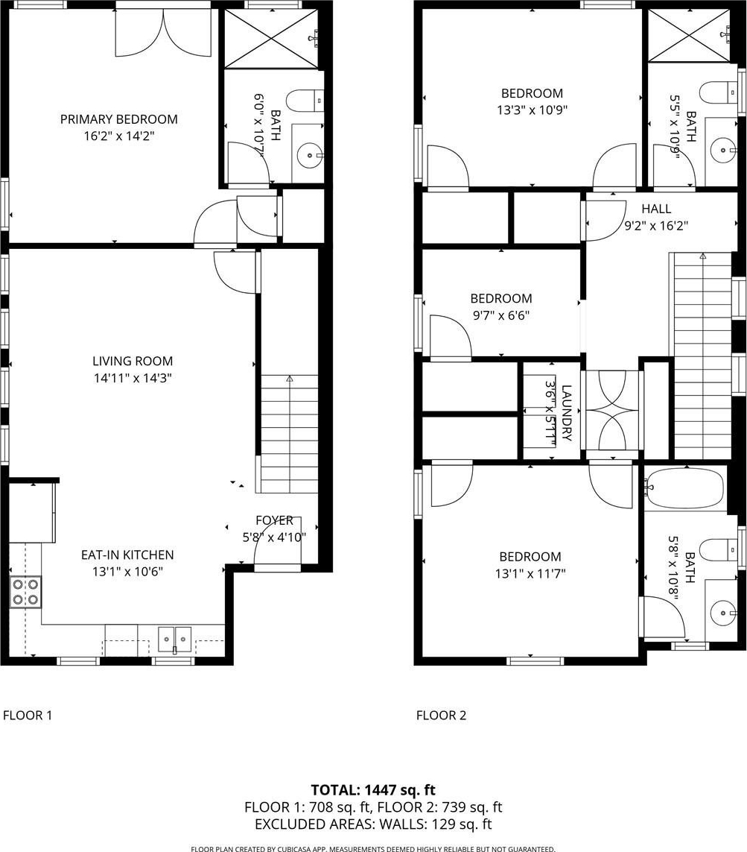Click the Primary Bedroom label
[119, 119]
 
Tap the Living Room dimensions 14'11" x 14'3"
[133, 378]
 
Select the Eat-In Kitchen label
[127, 555]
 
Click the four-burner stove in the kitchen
[26, 593]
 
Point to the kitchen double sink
[175, 639]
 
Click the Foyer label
[274, 520]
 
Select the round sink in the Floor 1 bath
[309, 156]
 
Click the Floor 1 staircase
[290, 434]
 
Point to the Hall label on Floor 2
[656, 209]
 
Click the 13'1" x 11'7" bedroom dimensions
[530, 573]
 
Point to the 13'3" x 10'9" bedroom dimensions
[532, 110]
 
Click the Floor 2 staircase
[703, 356]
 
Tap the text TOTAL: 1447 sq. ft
[373, 790]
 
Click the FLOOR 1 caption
[28, 715]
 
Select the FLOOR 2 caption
[442, 715]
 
